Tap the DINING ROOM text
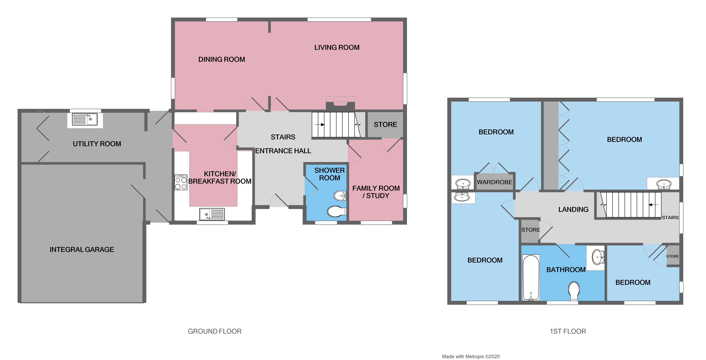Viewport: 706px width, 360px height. click(222, 59)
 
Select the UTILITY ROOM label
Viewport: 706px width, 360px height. click(97, 144)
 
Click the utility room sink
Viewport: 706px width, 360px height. click(85, 119)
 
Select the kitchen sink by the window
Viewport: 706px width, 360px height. click(212, 214)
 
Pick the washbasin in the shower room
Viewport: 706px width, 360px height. click(340, 196)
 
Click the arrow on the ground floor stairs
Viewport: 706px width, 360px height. click(319, 125)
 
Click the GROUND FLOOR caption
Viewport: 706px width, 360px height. click(215, 331)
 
